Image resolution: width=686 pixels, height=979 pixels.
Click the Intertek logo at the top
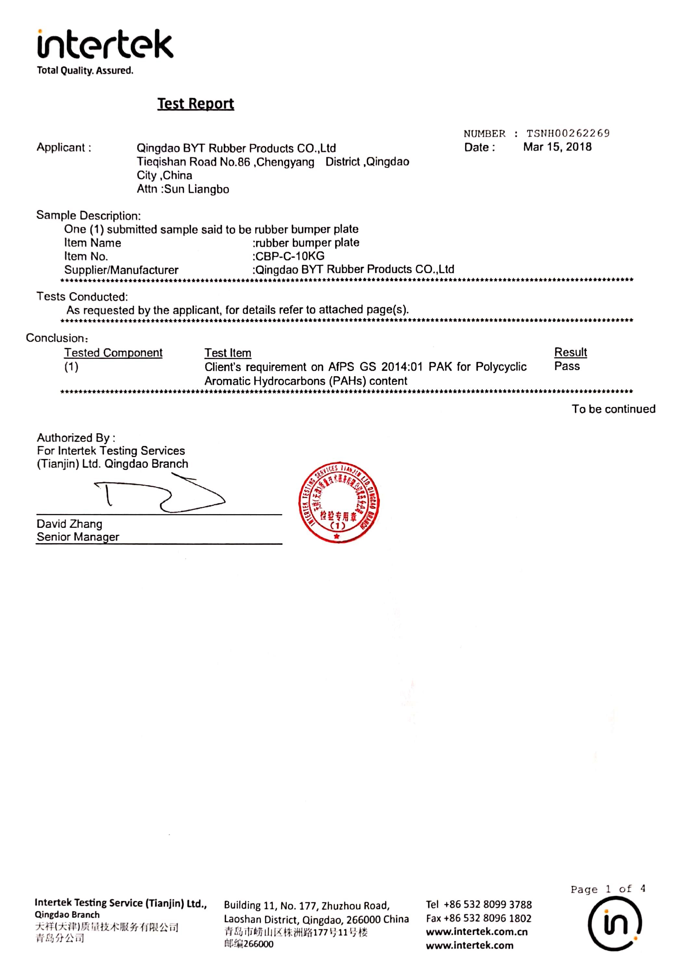(x=105, y=45)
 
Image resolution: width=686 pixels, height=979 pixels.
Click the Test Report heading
(x=196, y=104)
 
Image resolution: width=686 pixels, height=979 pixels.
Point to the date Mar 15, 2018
(x=557, y=147)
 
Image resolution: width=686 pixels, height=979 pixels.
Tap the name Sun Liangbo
(x=197, y=189)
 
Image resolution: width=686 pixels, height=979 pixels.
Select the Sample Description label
(x=88, y=215)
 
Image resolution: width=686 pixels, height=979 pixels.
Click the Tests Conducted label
(x=82, y=297)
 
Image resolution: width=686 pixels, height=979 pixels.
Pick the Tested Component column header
(x=113, y=353)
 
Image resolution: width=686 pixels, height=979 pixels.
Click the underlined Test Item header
(x=227, y=353)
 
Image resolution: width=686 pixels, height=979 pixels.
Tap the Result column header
(x=570, y=353)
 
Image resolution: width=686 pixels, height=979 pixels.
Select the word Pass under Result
(x=566, y=366)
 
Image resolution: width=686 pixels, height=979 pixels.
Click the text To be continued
(x=613, y=409)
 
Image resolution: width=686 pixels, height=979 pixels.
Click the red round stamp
(x=339, y=502)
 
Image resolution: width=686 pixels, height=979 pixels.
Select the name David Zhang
(x=69, y=524)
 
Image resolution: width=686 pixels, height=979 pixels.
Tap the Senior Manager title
(x=78, y=537)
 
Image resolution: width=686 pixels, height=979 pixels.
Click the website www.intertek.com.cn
(x=476, y=932)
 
